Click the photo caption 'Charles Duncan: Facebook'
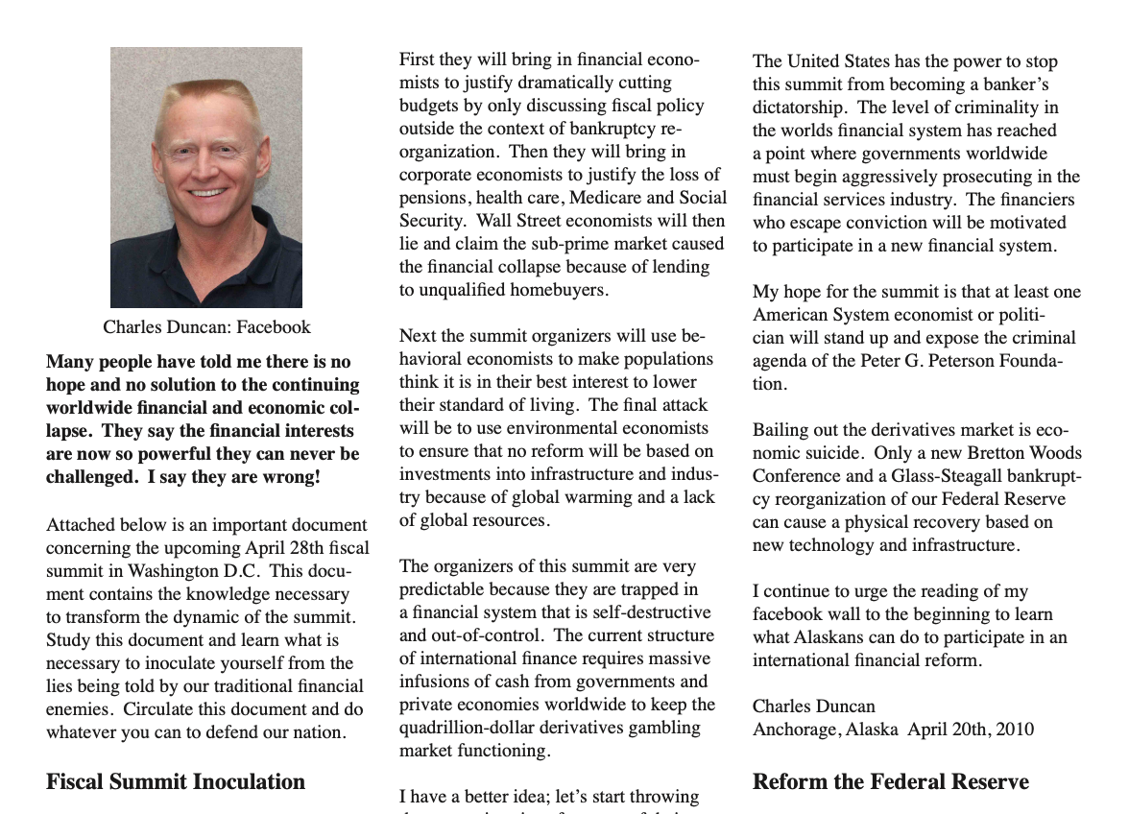(206, 327)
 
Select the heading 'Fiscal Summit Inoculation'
(176, 782)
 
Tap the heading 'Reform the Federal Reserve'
(890, 782)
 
